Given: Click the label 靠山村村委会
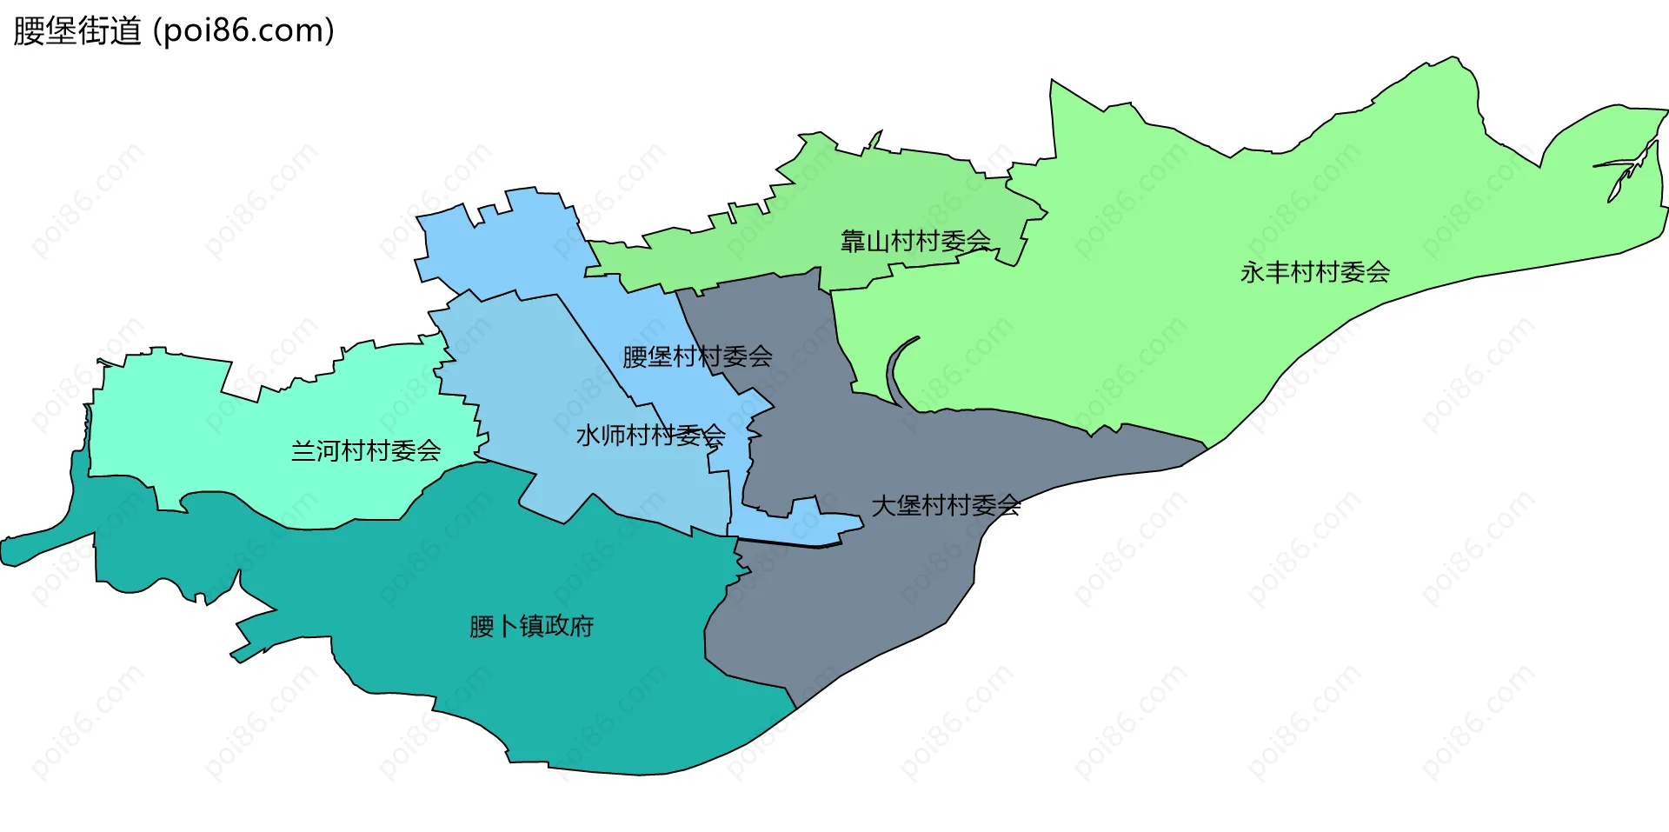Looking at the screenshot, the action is click(x=915, y=241).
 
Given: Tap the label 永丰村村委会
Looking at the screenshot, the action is click(x=1315, y=272).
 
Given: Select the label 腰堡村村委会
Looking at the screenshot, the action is click(x=697, y=356).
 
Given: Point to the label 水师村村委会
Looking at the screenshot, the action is click(x=650, y=435).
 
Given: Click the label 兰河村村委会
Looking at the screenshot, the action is click(x=366, y=450).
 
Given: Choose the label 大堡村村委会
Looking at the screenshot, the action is click(x=946, y=505).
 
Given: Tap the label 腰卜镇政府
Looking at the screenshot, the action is click(x=531, y=626).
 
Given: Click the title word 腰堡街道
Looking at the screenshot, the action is click(x=77, y=31).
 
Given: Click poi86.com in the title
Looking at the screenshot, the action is click(x=243, y=31).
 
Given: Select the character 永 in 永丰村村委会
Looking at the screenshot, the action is click(x=1253, y=272).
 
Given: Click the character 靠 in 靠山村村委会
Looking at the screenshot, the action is click(x=853, y=241).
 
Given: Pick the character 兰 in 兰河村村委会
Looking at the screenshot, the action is click(x=303, y=450).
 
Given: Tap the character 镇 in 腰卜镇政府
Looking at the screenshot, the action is click(x=531, y=626).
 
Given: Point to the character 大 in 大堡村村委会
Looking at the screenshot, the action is click(x=883, y=505).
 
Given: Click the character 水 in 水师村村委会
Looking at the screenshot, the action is click(x=588, y=435).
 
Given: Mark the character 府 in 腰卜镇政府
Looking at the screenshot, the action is click(x=582, y=626).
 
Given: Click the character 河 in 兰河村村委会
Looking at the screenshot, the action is click(x=329, y=450).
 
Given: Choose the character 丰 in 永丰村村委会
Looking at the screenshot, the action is click(x=1278, y=272).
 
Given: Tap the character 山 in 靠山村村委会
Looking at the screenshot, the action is click(x=878, y=241).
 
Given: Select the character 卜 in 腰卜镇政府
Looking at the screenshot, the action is click(x=506, y=626).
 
